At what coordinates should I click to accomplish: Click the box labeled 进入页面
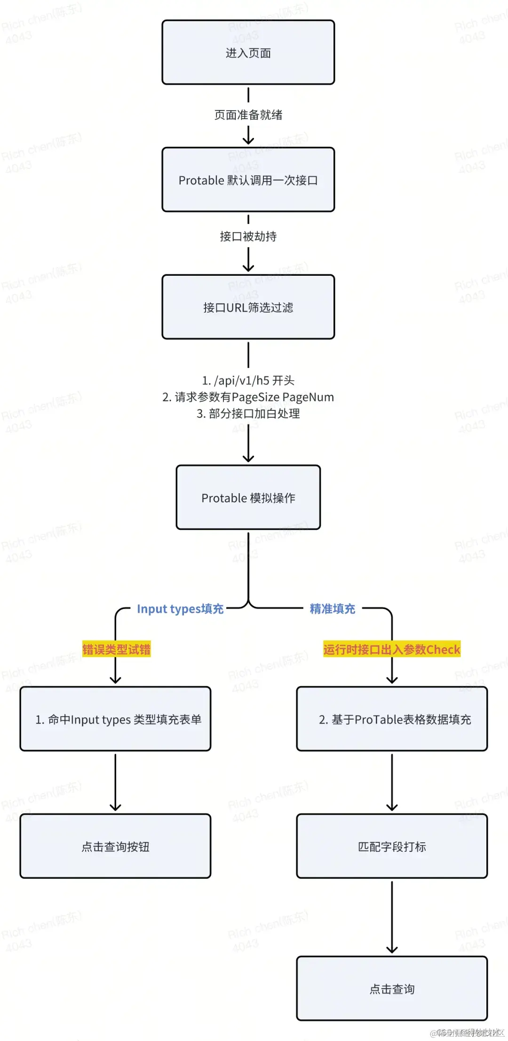(248, 52)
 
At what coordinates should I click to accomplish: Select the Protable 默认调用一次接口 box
(248, 180)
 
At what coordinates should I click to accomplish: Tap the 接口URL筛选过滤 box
(248, 307)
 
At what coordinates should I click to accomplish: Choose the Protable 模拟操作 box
(248, 497)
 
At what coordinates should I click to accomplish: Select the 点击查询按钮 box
(115, 846)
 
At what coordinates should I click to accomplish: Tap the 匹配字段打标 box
(392, 846)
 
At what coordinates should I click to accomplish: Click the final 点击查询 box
(392, 988)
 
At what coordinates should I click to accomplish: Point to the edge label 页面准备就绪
(248, 115)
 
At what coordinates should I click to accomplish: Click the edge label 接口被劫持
(248, 236)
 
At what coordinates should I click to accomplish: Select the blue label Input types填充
(180, 609)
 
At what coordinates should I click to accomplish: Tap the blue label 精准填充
(333, 609)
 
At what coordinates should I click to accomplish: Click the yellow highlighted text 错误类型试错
(116, 649)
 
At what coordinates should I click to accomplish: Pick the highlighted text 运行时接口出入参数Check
(391, 649)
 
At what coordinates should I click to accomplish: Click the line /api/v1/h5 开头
(248, 380)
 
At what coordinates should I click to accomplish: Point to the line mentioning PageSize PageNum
(248, 397)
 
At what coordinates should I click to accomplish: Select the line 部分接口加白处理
(248, 414)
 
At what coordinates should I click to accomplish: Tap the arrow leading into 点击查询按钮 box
(115, 782)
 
